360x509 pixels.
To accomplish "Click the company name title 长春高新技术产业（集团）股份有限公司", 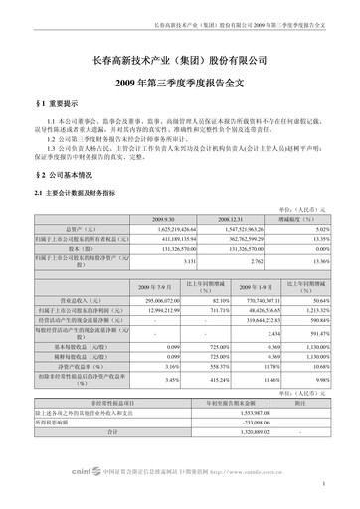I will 180,62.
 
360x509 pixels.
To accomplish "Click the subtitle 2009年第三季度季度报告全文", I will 180,82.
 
